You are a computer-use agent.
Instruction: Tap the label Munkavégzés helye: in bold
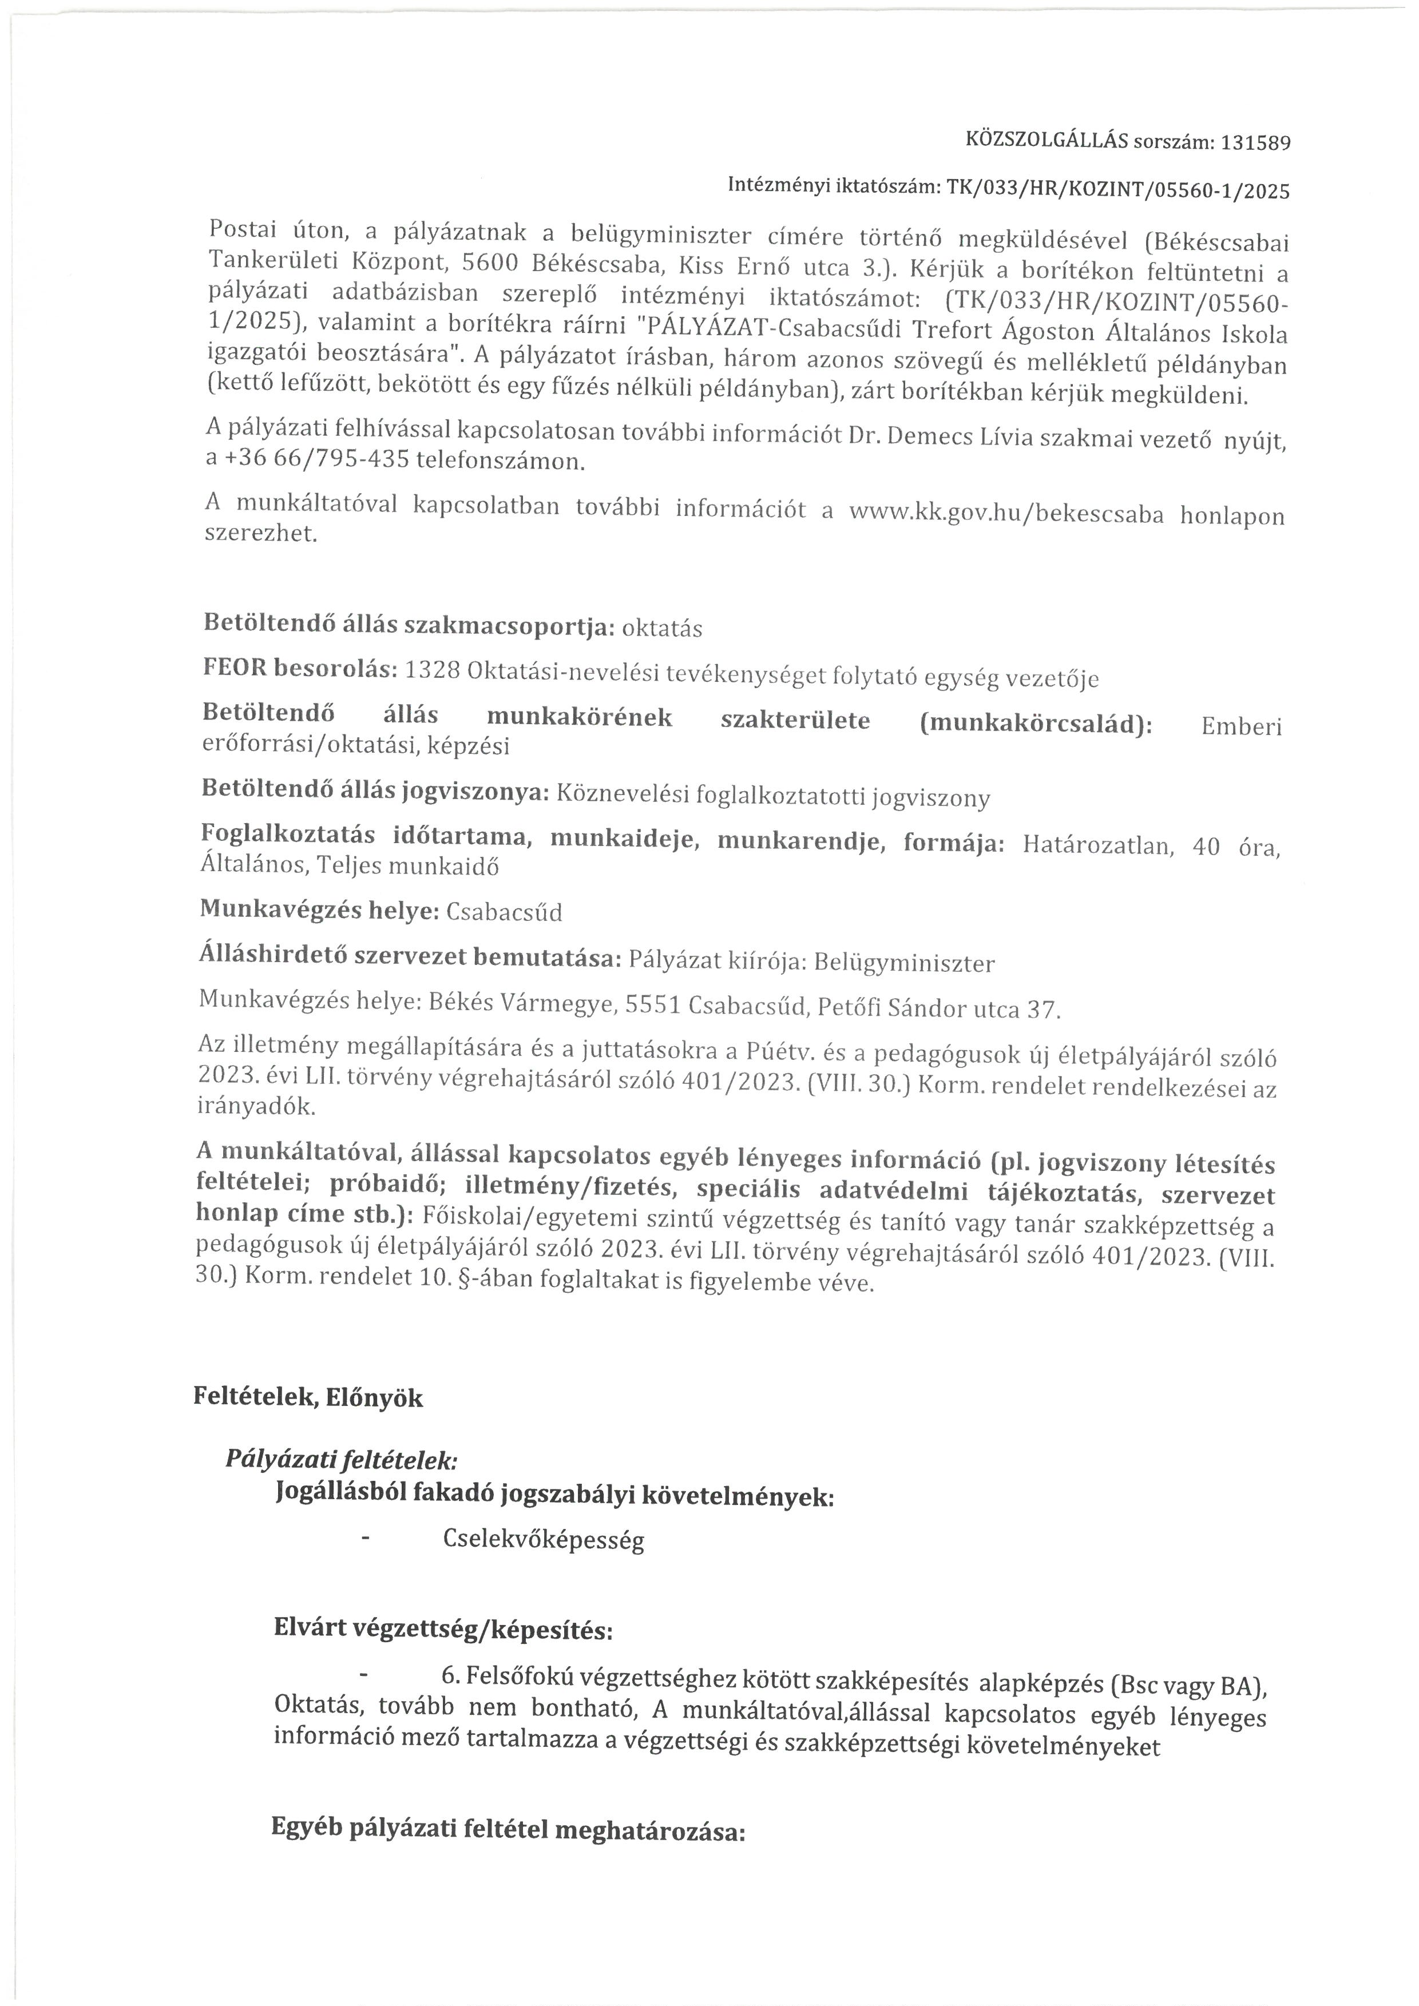319,909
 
